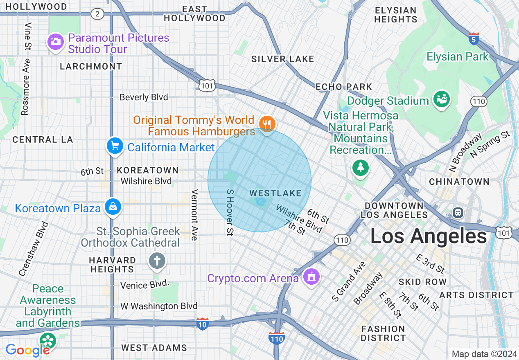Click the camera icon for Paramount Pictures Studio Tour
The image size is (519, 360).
pyautogui.click(x=55, y=41)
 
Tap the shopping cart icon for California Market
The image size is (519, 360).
pyautogui.click(x=115, y=146)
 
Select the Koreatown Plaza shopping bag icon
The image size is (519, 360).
pyautogui.click(x=112, y=207)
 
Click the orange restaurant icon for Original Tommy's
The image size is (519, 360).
pyautogui.click(x=267, y=123)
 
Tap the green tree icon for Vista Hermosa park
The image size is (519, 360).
pyautogui.click(x=361, y=168)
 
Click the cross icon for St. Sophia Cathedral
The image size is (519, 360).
pyautogui.click(x=156, y=261)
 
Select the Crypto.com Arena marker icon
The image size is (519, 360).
pyautogui.click(x=311, y=277)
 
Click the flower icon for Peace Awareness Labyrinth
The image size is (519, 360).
pyautogui.click(x=48, y=340)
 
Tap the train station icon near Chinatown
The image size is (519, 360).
pyautogui.click(x=458, y=212)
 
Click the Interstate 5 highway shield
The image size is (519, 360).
pyautogui.click(x=474, y=39)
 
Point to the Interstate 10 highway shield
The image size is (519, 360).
pyautogui.click(x=203, y=324)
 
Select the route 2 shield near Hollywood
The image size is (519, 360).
pyautogui.click(x=97, y=14)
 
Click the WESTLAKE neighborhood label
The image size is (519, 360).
pyautogui.click(x=275, y=193)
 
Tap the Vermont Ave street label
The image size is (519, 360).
pyautogui.click(x=195, y=215)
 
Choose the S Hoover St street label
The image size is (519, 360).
pyautogui.click(x=230, y=212)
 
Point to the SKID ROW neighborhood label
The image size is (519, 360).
pyautogui.click(x=423, y=282)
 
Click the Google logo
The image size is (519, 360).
pyautogui.click(x=27, y=350)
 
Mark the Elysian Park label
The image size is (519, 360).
pyautogui.click(x=457, y=56)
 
